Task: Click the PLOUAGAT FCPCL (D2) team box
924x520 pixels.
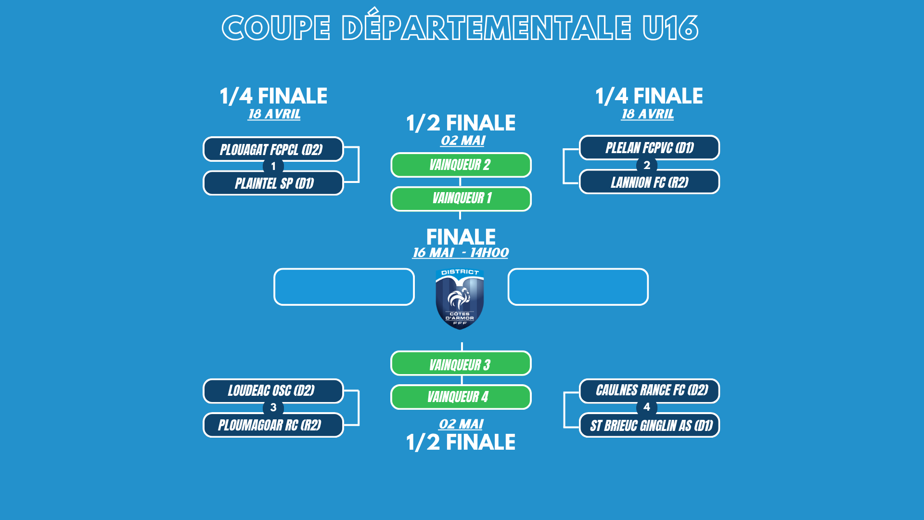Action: pyautogui.click(x=273, y=149)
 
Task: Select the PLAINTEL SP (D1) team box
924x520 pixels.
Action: pyautogui.click(x=273, y=183)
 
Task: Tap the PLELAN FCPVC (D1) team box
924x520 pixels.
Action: pyautogui.click(x=649, y=148)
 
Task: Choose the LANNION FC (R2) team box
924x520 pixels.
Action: pyautogui.click(x=649, y=182)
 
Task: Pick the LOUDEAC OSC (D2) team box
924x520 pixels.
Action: pyautogui.click(x=273, y=390)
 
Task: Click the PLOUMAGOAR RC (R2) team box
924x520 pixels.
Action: pyautogui.click(x=273, y=425)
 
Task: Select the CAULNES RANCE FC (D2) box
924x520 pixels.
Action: pyautogui.click(x=649, y=390)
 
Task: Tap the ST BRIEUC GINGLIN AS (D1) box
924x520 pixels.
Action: pyautogui.click(x=649, y=425)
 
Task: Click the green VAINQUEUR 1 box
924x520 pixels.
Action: pyautogui.click(x=461, y=198)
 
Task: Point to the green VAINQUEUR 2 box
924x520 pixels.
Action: pyautogui.click(x=461, y=165)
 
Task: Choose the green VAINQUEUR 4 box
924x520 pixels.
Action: pyautogui.click(x=461, y=397)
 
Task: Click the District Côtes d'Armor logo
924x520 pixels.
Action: pyautogui.click(x=460, y=299)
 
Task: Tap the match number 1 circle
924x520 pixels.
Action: pyautogui.click(x=273, y=167)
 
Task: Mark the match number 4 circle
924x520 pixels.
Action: pyautogui.click(x=647, y=407)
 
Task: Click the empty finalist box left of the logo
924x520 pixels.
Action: pyautogui.click(x=344, y=287)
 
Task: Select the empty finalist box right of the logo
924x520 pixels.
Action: pyautogui.click(x=578, y=287)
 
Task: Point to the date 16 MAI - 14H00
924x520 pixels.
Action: pyautogui.click(x=461, y=253)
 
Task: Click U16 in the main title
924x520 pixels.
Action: pyautogui.click(x=670, y=28)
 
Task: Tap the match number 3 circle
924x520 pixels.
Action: pyautogui.click(x=273, y=408)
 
